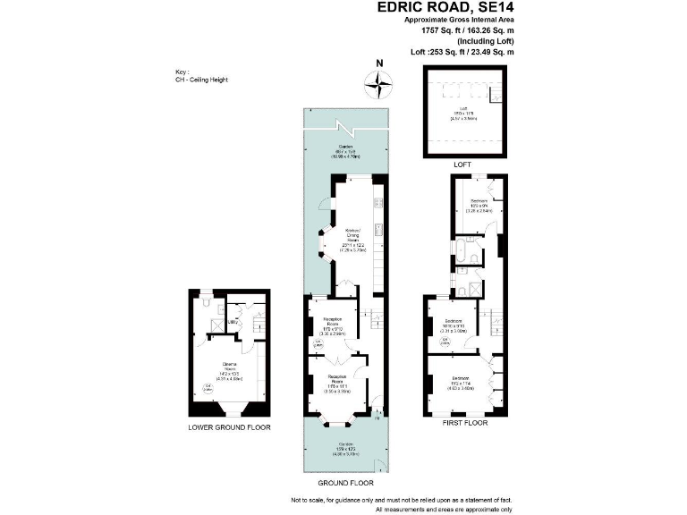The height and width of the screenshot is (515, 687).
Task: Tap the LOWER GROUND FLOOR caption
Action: (229, 427)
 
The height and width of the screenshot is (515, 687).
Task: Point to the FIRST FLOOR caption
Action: (465, 422)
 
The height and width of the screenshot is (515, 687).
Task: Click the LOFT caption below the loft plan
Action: (461, 165)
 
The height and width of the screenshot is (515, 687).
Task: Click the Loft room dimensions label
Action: (460, 114)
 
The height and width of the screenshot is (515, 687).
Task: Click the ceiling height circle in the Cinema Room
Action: (206, 386)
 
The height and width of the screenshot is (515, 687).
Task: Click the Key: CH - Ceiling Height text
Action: (201, 77)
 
